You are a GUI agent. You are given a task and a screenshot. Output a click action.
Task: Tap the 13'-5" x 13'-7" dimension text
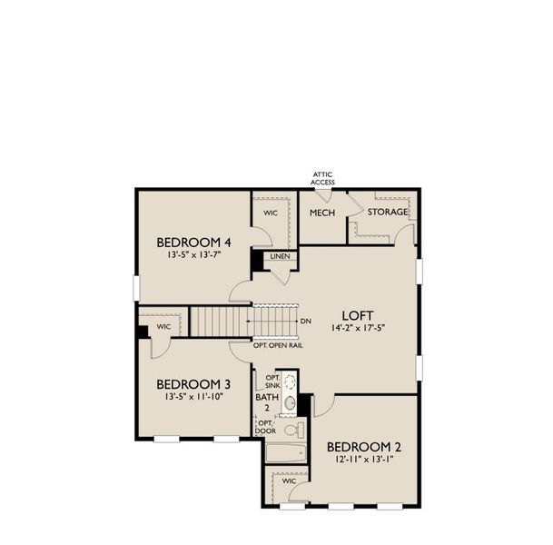click(194, 255)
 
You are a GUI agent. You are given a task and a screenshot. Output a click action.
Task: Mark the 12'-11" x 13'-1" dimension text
click(365, 460)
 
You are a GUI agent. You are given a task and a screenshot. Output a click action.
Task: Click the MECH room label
click(322, 213)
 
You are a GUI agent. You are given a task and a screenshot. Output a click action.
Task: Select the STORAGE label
click(388, 212)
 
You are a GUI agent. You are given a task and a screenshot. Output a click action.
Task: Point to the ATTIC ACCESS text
click(323, 178)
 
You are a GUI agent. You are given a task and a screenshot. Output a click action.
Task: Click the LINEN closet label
click(279, 257)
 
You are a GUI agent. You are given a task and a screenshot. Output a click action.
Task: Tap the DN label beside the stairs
click(306, 322)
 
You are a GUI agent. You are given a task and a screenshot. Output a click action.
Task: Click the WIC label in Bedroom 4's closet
click(271, 213)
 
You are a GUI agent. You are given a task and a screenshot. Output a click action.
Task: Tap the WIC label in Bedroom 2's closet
click(289, 481)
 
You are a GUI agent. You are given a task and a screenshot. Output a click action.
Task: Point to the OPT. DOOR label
click(265, 427)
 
